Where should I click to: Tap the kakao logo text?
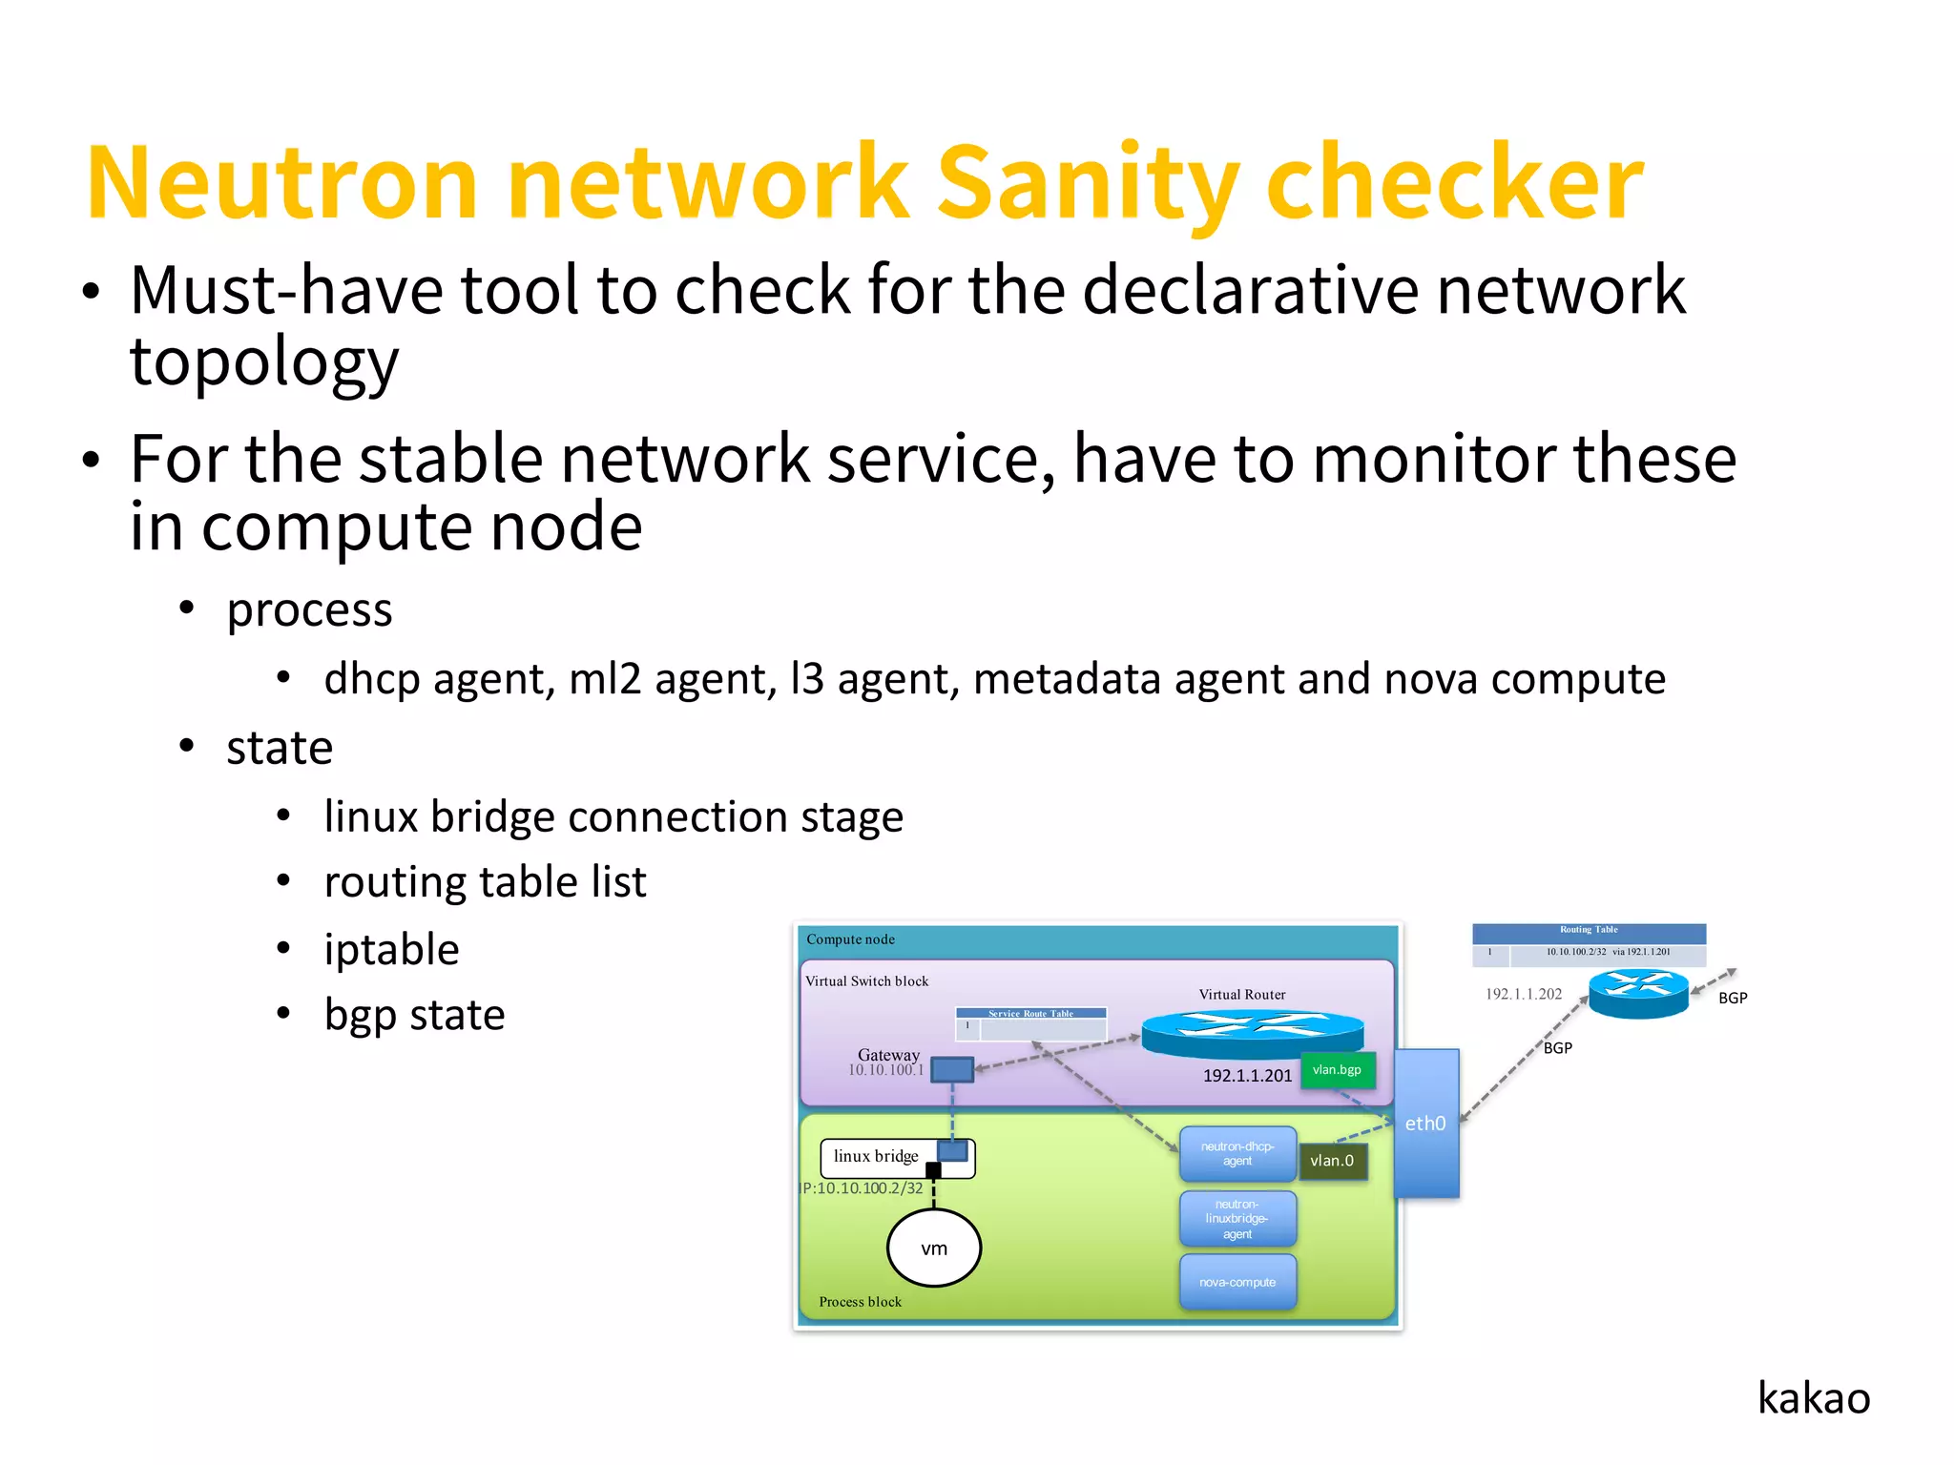1813,1398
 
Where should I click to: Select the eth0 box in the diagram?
1426,1124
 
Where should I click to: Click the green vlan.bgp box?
1337,1070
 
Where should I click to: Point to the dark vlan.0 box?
1332,1161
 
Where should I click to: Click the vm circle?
934,1248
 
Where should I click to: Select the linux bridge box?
876,1157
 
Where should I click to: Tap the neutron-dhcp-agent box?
1237,1154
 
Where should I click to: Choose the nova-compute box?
1237,1282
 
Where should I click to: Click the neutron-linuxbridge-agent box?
1237,1219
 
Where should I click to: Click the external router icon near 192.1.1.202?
1638,993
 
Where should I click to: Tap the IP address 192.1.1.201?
1247,1076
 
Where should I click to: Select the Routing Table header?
1589,930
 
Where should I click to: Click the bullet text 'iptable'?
391,950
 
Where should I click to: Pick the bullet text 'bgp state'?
414,1015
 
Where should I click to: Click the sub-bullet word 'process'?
309,610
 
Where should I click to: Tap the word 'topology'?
264,363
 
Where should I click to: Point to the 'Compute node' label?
850,939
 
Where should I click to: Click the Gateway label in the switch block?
888,1055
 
